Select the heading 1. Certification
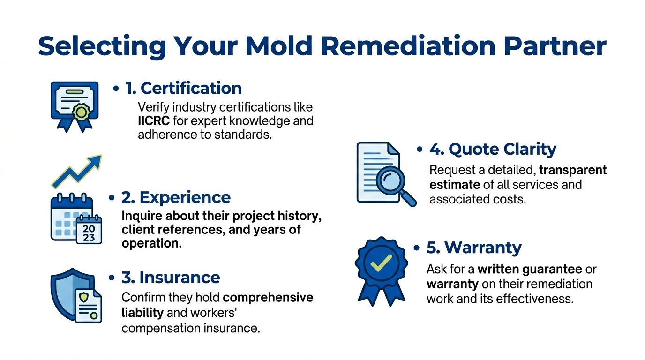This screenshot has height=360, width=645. (x=183, y=88)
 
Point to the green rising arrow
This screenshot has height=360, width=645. (x=77, y=171)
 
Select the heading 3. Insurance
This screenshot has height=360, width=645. (x=171, y=277)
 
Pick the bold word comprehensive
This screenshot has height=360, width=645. (x=268, y=298)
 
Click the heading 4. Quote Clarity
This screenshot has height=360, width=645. (x=493, y=149)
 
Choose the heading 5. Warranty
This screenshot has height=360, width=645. (x=474, y=247)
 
